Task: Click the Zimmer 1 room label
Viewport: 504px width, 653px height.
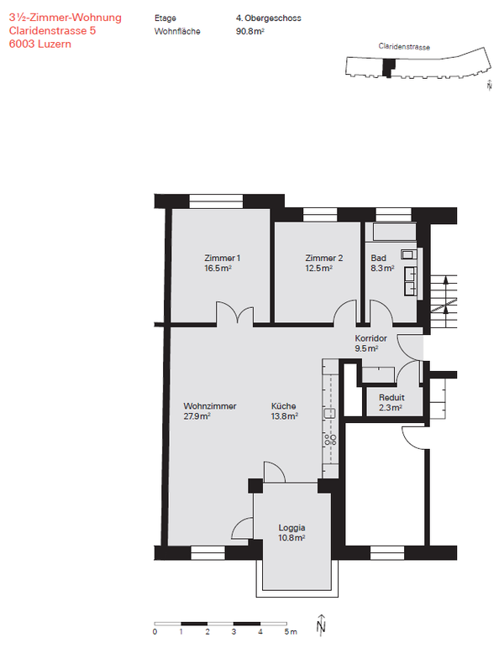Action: pyautogui.click(x=222, y=259)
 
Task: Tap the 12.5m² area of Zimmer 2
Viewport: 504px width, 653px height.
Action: pyautogui.click(x=318, y=269)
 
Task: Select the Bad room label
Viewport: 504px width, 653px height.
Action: pyautogui.click(x=379, y=259)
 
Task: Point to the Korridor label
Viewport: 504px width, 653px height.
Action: pyautogui.click(x=370, y=338)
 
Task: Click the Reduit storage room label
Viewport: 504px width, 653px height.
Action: pyautogui.click(x=391, y=398)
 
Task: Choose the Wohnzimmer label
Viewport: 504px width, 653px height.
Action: pyautogui.click(x=210, y=406)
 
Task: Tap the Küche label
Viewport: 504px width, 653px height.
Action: pyautogui.click(x=283, y=406)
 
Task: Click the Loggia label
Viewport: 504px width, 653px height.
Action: pyautogui.click(x=291, y=528)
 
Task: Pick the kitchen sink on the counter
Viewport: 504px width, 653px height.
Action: pyautogui.click(x=330, y=413)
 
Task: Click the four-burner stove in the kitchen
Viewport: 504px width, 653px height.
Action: pyautogui.click(x=330, y=440)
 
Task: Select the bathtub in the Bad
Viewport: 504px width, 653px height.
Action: pyautogui.click(x=394, y=232)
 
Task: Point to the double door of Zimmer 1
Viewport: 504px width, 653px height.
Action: pyautogui.click(x=234, y=313)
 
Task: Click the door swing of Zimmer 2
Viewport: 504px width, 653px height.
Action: pyautogui.click(x=345, y=313)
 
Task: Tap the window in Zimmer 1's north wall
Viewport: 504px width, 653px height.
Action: pyautogui.click(x=217, y=201)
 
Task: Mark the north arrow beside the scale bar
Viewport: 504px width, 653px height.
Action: pyautogui.click(x=321, y=624)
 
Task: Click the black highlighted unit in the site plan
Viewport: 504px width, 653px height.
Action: pyautogui.click(x=389, y=68)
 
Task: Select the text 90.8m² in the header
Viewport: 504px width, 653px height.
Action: pyautogui.click(x=250, y=31)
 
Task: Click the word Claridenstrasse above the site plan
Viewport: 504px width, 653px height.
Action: pyautogui.click(x=404, y=47)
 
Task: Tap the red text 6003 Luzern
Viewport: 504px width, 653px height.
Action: pyautogui.click(x=40, y=44)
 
